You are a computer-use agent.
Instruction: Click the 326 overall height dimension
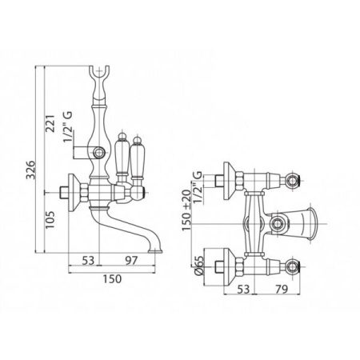(30, 170)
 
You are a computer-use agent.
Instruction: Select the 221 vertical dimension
(50, 123)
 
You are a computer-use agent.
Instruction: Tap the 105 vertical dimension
(50, 219)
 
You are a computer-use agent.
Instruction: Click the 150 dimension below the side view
(112, 278)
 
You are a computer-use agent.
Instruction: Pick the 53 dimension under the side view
(88, 260)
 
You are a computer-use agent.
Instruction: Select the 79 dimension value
(281, 289)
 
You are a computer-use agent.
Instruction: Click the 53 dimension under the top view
(243, 289)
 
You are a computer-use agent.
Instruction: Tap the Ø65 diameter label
(199, 266)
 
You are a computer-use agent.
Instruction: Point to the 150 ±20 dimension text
(186, 210)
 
